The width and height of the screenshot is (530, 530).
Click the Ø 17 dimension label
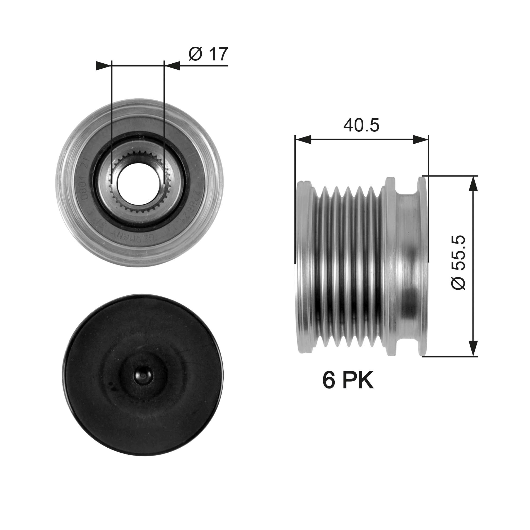(x=208, y=54)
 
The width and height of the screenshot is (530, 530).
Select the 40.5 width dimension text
(x=361, y=125)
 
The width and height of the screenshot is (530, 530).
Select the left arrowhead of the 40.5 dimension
(x=303, y=139)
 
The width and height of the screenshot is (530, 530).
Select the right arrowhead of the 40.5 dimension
(x=420, y=139)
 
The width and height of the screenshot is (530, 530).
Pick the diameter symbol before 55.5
(x=458, y=281)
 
